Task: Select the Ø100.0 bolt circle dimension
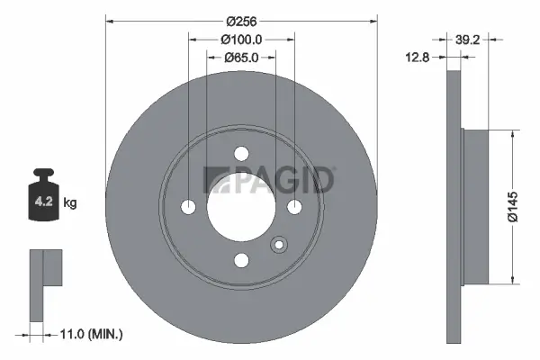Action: (241, 39)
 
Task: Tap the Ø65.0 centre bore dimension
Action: (241, 58)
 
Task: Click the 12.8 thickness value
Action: (416, 58)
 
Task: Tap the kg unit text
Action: (70, 203)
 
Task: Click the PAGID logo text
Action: (270, 181)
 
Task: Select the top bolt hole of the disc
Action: (241, 154)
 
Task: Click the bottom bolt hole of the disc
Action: (241, 260)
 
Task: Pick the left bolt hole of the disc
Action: (188, 207)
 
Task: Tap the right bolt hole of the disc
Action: (294, 207)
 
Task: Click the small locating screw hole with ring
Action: (279, 244)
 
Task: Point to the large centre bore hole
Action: (241, 207)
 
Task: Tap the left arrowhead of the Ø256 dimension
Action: (111, 19)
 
